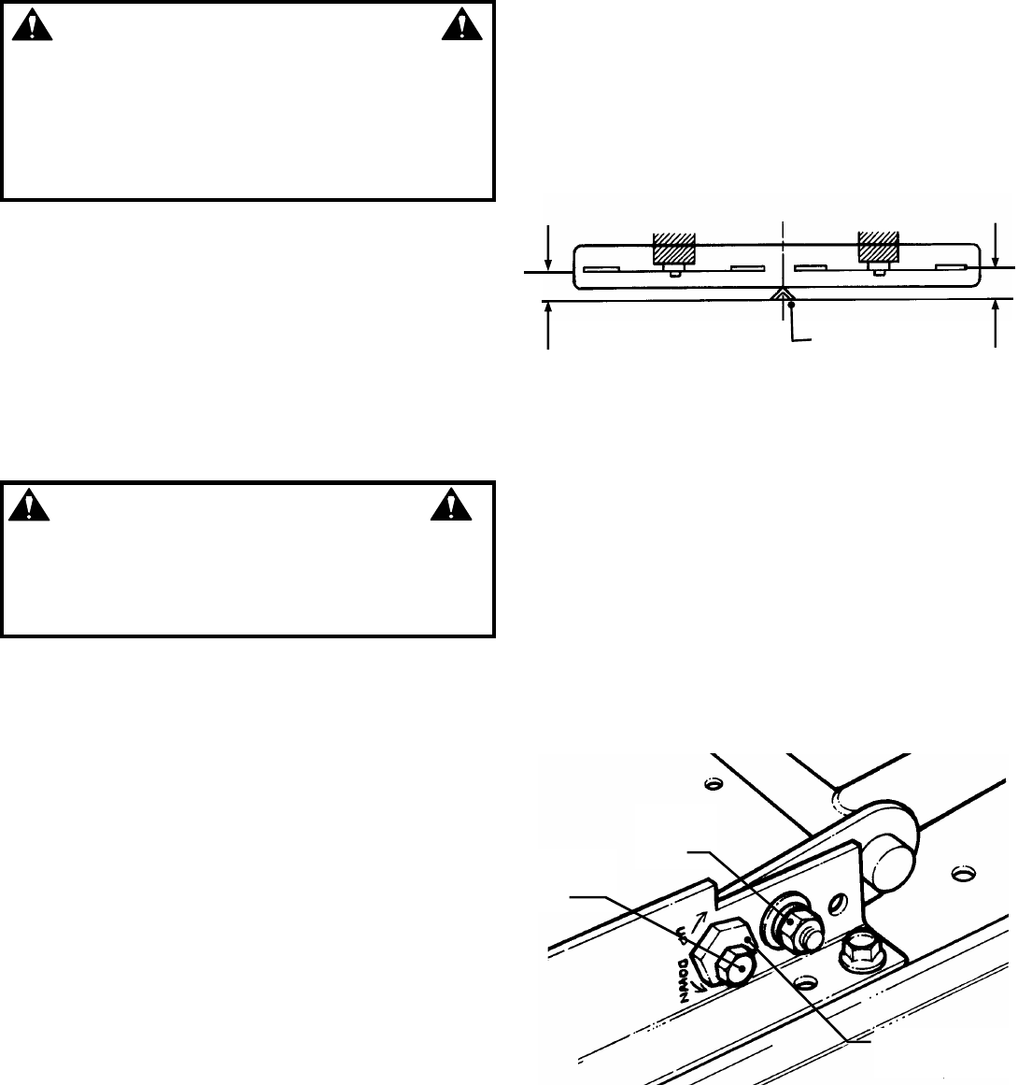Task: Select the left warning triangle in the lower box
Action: click(x=30, y=506)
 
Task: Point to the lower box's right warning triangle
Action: click(x=449, y=506)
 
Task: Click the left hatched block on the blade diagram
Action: click(x=675, y=247)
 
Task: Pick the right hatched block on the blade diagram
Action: click(x=878, y=247)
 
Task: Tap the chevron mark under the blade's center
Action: click(x=781, y=294)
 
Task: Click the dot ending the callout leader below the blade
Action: click(x=791, y=306)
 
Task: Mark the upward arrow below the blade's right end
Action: click(x=997, y=322)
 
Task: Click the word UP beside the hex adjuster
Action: click(x=682, y=938)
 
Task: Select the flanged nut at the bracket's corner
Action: click(x=857, y=951)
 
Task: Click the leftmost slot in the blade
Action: click(x=600, y=270)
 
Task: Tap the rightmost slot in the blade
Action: click(x=953, y=269)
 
